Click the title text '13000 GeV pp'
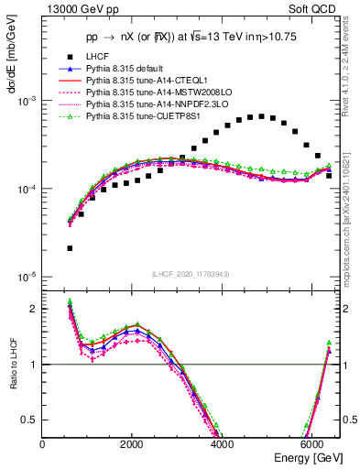click(x=72, y=10)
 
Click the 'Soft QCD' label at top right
click(x=315, y=10)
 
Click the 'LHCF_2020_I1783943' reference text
click(x=191, y=275)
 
